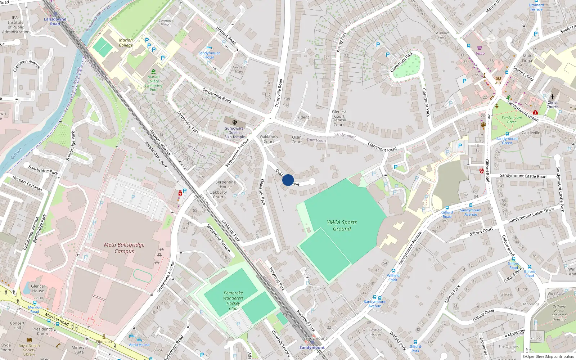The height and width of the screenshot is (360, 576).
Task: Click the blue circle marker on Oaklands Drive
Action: coord(288,180)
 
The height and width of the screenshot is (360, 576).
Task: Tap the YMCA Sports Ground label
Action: coord(342,225)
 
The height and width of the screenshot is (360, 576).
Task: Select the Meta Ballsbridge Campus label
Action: coord(124,248)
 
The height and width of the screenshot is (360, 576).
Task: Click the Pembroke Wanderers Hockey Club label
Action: coord(233,301)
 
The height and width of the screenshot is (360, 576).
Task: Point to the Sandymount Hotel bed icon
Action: coord(209,48)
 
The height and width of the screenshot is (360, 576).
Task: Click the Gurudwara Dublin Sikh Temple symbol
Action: coord(235,122)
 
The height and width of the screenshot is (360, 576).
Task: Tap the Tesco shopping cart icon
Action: coord(480,48)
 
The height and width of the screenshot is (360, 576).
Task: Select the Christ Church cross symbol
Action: coord(552,97)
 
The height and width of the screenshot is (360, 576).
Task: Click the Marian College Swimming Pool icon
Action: coord(154,71)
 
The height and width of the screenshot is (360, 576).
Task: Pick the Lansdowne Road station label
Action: coord(55,21)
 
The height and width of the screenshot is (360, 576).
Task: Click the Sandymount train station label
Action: coord(312,347)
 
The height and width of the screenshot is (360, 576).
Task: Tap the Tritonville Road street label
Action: coord(279,93)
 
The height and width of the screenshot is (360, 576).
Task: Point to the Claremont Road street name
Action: coord(382,147)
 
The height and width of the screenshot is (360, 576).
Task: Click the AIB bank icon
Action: coord(498,78)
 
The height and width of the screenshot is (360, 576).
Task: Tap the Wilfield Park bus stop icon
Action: coord(393,271)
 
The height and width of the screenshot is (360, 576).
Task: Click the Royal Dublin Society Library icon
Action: coord(29,340)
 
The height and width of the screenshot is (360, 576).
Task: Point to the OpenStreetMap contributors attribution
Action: coord(548,356)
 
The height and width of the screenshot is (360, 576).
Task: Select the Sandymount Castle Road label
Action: coord(523,176)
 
